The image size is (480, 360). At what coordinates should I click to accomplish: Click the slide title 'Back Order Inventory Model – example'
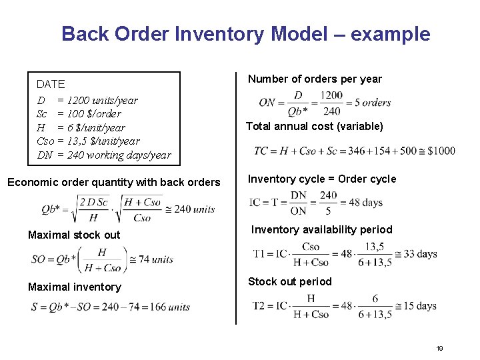point(245,34)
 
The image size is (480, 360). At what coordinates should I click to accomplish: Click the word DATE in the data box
point(51,85)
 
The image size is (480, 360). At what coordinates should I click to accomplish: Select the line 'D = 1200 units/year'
point(87,101)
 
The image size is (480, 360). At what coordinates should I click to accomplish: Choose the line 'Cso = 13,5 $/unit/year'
point(88,141)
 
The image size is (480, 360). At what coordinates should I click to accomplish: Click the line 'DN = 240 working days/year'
point(103,155)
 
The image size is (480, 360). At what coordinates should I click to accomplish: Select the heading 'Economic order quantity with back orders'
point(113,183)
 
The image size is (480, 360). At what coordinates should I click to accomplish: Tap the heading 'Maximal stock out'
point(74,235)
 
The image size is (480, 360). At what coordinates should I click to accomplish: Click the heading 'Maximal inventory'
point(75,287)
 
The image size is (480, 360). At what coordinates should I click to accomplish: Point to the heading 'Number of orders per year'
point(315,79)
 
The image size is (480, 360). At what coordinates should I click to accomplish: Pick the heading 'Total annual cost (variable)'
point(314,127)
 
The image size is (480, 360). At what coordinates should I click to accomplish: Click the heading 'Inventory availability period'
point(321,230)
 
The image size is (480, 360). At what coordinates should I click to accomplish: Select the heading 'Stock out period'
point(289,281)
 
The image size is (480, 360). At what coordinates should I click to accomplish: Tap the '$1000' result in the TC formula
point(440,151)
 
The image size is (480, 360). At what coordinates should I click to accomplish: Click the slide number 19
point(439,349)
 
